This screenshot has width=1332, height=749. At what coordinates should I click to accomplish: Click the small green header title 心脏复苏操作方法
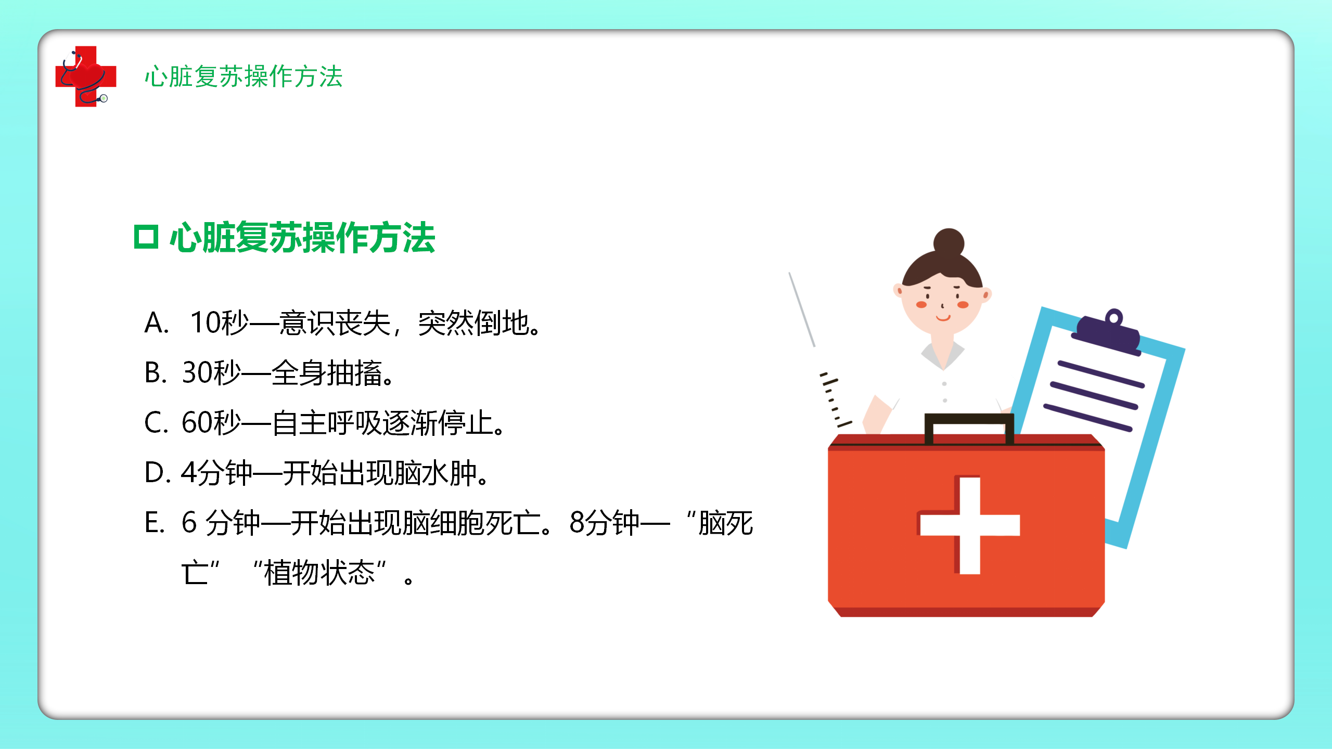click(244, 76)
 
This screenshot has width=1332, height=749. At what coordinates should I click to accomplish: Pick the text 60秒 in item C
click(211, 422)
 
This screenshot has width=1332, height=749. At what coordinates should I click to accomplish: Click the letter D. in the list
click(158, 473)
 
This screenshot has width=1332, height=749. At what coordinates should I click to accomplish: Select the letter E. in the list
click(155, 523)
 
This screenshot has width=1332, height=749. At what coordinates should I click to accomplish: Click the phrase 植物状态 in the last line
click(319, 573)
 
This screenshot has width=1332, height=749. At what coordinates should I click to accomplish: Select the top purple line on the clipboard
click(1101, 374)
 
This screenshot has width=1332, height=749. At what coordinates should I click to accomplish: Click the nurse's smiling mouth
click(943, 317)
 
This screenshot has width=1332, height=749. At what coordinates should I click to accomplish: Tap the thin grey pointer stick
click(802, 309)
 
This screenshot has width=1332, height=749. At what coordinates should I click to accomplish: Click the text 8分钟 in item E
click(604, 523)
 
